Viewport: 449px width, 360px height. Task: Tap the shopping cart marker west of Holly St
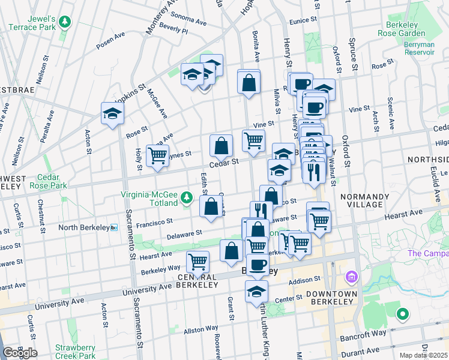157,156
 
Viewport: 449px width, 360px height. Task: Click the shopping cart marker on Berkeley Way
197,261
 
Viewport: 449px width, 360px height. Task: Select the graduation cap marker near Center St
256,292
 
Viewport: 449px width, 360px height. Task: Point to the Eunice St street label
302,20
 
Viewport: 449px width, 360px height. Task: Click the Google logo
20,353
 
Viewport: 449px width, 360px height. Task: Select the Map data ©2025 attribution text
423,355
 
